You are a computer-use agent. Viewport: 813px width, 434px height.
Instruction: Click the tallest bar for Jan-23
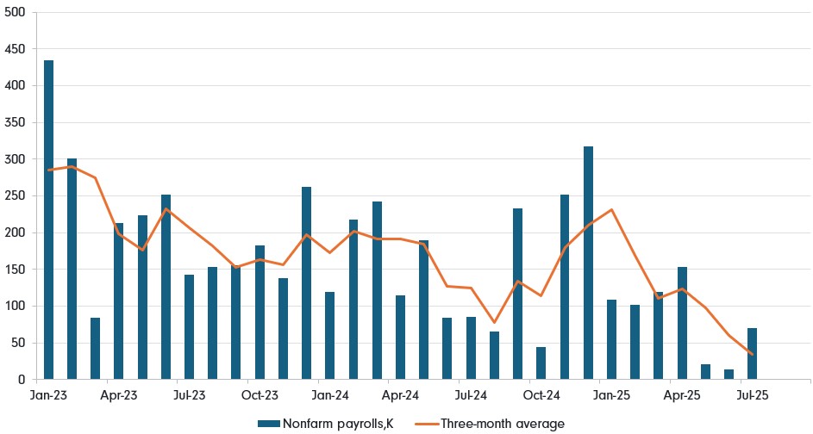pos(48,220)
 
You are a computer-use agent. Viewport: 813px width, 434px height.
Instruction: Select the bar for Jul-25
pos(753,353)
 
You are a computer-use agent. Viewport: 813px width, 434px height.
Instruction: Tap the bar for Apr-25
pos(682,323)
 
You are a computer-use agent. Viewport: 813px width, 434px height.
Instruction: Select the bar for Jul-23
pos(189,327)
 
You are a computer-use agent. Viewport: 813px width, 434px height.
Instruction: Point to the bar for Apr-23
pos(119,301)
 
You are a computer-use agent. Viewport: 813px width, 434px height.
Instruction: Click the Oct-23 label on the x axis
pos(260,396)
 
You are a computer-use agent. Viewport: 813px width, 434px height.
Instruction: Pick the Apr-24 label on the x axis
pos(400,396)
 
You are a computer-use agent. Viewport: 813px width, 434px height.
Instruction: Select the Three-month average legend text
pos(503,423)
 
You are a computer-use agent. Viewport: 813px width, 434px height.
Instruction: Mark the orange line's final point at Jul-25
pos(753,355)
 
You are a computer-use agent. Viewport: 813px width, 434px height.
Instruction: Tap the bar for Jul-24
pos(471,348)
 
